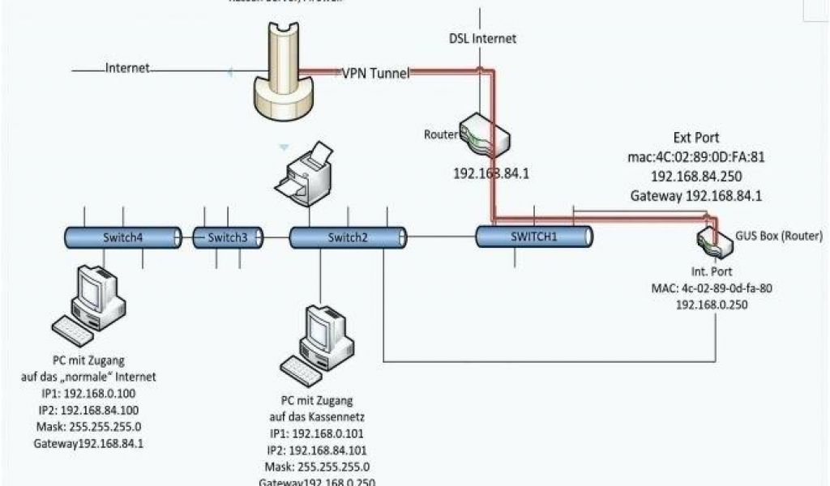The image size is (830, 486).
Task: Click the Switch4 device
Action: point(123,237)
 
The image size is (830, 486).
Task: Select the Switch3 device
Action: point(228,237)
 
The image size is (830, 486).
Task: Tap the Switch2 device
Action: point(348,237)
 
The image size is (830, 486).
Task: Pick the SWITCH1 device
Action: point(534,236)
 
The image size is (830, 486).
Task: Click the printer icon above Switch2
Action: point(304,172)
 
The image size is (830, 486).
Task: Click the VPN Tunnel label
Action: point(374,73)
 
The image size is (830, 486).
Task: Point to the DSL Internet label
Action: point(482,38)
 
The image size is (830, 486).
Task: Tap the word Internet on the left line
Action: point(127,69)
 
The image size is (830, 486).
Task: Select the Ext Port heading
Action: point(695,138)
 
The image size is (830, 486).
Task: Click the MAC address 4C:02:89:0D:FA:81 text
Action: point(695,156)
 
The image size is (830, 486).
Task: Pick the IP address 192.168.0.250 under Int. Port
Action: point(711,305)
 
